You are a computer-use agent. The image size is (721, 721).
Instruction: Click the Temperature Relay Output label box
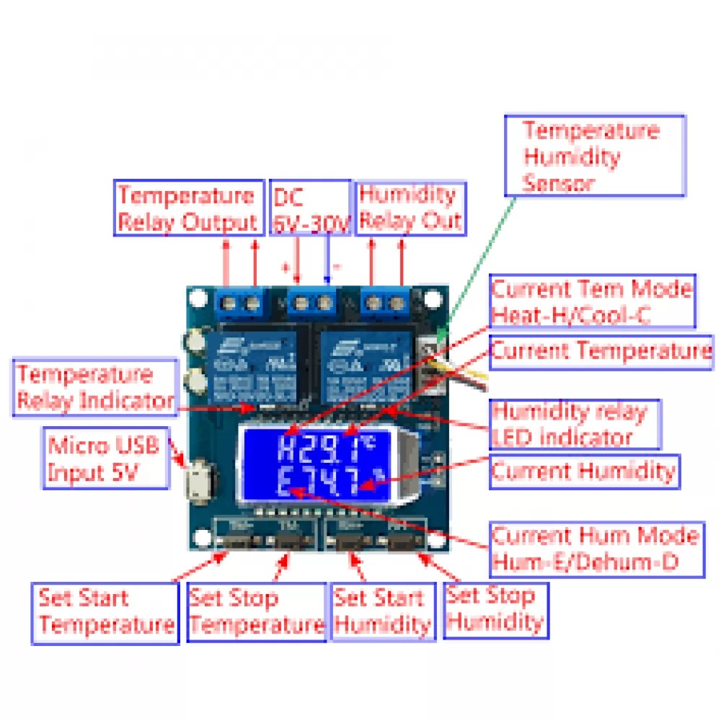tap(188, 208)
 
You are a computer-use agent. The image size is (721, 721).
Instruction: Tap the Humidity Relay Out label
tap(410, 208)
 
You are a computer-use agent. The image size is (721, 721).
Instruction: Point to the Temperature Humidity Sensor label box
tap(594, 156)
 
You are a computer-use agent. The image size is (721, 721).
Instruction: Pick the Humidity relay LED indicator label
tap(574, 425)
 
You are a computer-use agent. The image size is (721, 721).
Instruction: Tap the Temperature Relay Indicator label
tap(94, 388)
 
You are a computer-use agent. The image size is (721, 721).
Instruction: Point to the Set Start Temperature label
tap(105, 611)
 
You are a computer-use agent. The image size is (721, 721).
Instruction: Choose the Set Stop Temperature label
tap(256, 611)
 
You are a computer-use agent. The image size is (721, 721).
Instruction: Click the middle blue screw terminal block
tap(313, 301)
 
